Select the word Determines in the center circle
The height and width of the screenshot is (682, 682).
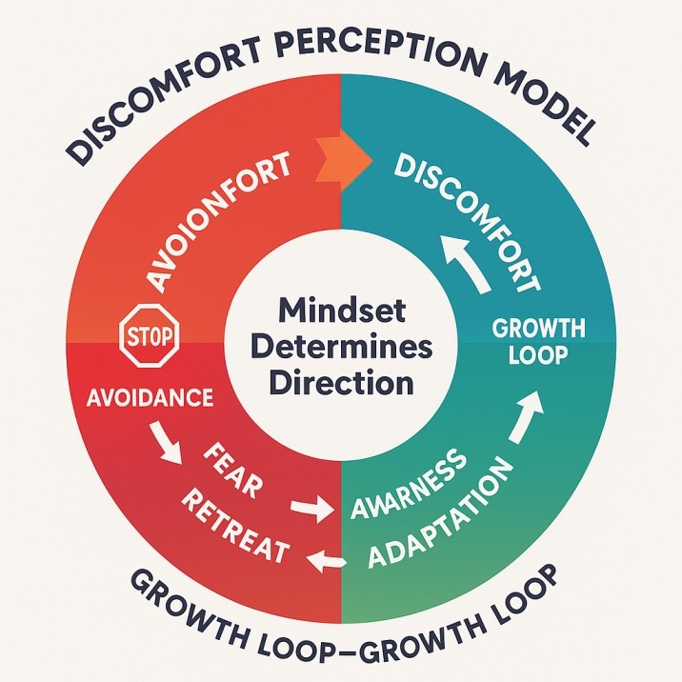pyautogui.click(x=340, y=347)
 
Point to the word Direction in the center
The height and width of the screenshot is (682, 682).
pyautogui.click(x=340, y=383)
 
